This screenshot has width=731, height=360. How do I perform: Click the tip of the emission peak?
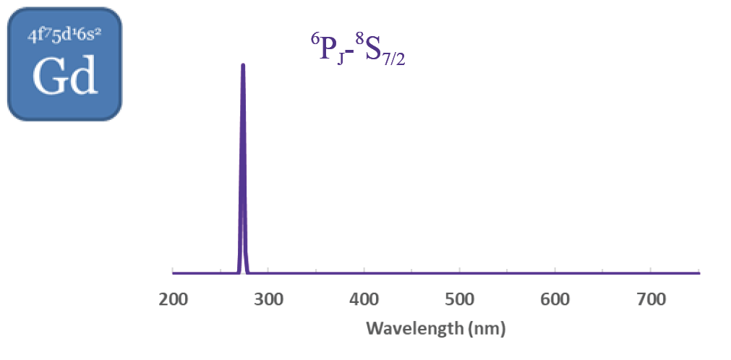coord(243,65)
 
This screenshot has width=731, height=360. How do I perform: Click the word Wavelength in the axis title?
coord(411,329)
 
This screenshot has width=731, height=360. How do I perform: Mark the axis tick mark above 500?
coord(460,272)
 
